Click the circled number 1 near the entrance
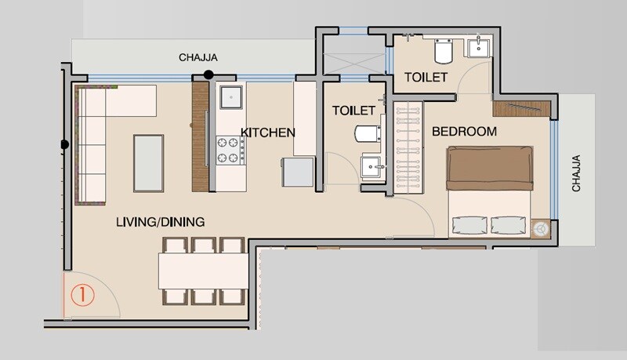point(82,296)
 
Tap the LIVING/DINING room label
point(160,222)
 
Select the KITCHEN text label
point(267,132)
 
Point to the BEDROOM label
point(464,131)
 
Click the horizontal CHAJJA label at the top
point(198,57)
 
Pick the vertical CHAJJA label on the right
point(576,173)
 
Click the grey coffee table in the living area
point(148,162)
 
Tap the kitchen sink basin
point(232,97)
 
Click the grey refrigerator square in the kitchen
point(298,172)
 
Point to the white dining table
point(203,271)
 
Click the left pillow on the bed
point(468,225)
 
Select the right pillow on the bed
point(508,225)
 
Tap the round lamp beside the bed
point(541,228)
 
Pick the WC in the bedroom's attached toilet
point(444,51)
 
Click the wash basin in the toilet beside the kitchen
point(371,166)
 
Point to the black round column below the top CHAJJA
point(208,75)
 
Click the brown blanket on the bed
point(489,168)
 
